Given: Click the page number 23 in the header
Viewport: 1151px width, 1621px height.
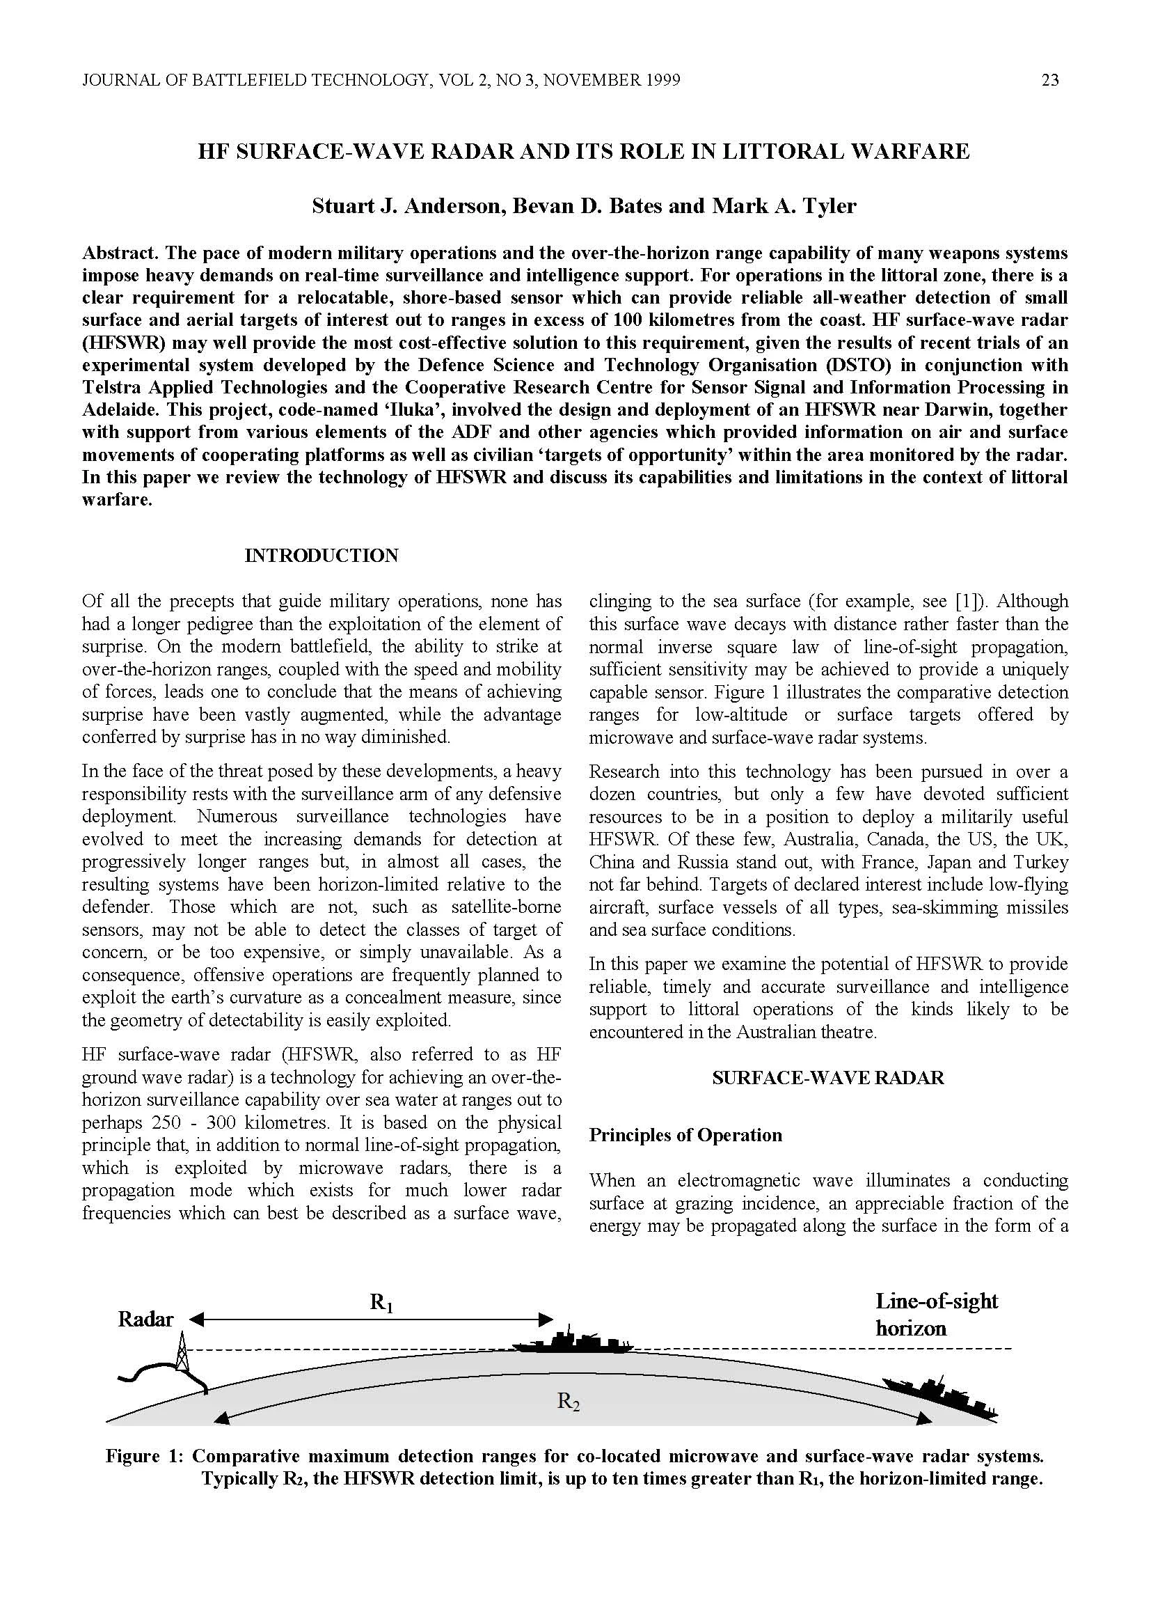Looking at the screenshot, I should (x=1049, y=80).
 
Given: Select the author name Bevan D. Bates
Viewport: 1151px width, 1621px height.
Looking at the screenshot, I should (x=581, y=206).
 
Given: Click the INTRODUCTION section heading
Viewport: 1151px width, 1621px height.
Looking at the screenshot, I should (x=321, y=555).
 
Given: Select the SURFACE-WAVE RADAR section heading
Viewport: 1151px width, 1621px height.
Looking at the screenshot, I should (x=828, y=1078).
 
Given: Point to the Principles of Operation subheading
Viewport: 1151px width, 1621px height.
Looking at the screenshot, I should (x=685, y=1134).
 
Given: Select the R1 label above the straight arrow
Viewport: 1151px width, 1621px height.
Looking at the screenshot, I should (x=381, y=1303).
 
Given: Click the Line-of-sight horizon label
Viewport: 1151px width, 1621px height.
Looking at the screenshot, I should (x=935, y=1314).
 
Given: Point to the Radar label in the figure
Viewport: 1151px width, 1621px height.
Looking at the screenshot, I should (x=145, y=1319).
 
